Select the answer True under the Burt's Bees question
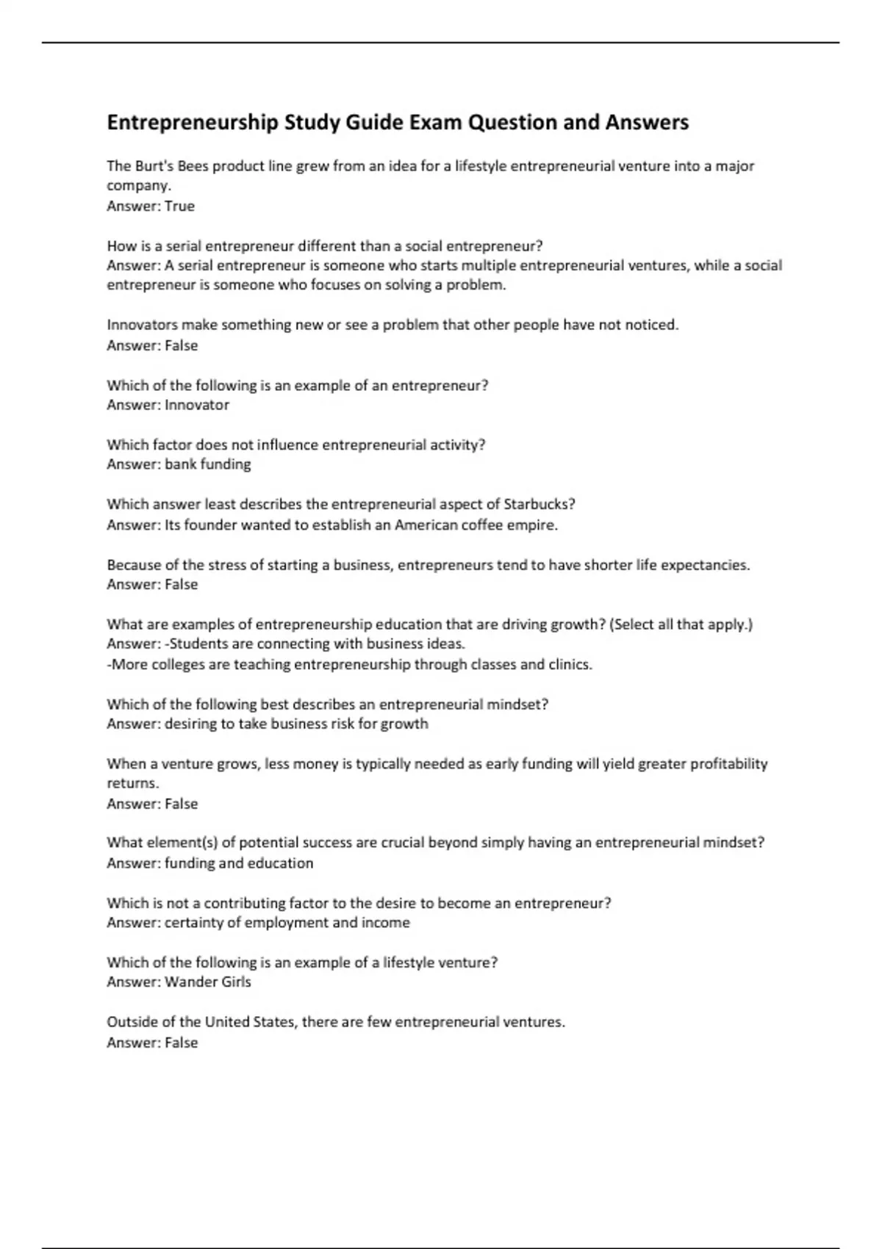pyautogui.click(x=179, y=206)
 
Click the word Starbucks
pyautogui.click(x=539, y=504)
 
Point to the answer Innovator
pyautogui.click(x=197, y=405)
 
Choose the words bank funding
pyautogui.click(x=208, y=464)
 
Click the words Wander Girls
pyautogui.click(x=208, y=982)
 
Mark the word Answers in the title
pyautogui.click(x=647, y=123)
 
